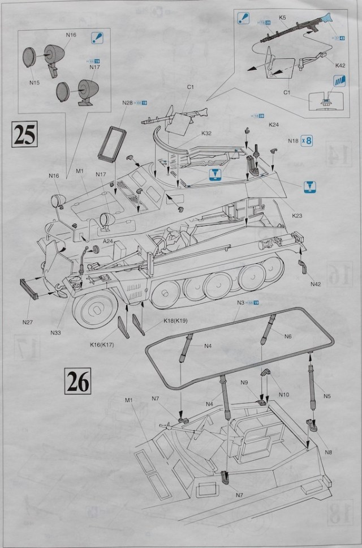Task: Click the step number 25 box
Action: coord(24,135)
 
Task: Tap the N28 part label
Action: coord(127,103)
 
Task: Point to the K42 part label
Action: coord(340,66)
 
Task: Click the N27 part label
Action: coord(28,322)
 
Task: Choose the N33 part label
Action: coord(55,332)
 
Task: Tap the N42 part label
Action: coord(316,283)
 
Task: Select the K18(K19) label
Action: coord(175,320)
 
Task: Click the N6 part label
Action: coord(288,336)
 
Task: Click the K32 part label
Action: coord(206,134)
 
